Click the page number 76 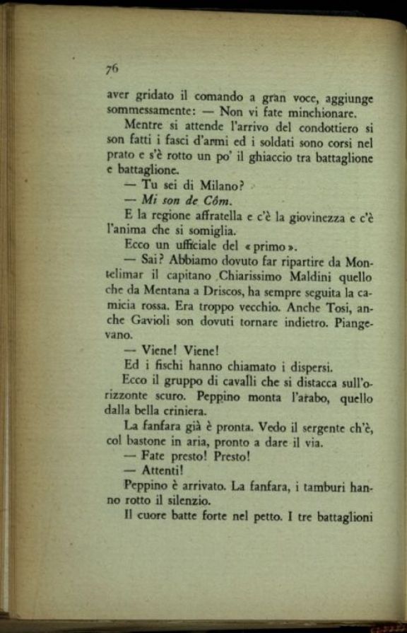[112, 69]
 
